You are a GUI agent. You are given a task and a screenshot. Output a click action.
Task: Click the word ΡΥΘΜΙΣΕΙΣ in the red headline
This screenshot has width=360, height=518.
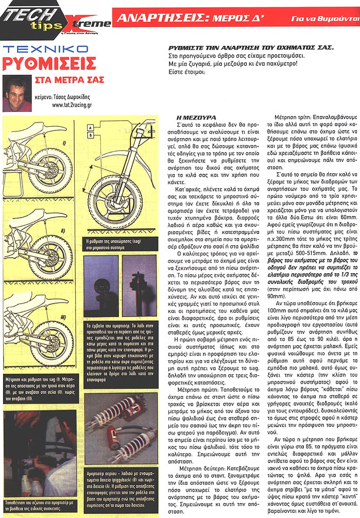click(49, 64)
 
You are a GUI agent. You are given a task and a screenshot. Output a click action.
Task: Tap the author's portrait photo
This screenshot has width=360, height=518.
click(16, 93)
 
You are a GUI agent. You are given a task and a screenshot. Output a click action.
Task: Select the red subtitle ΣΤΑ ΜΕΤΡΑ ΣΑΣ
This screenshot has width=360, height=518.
click(69, 80)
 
